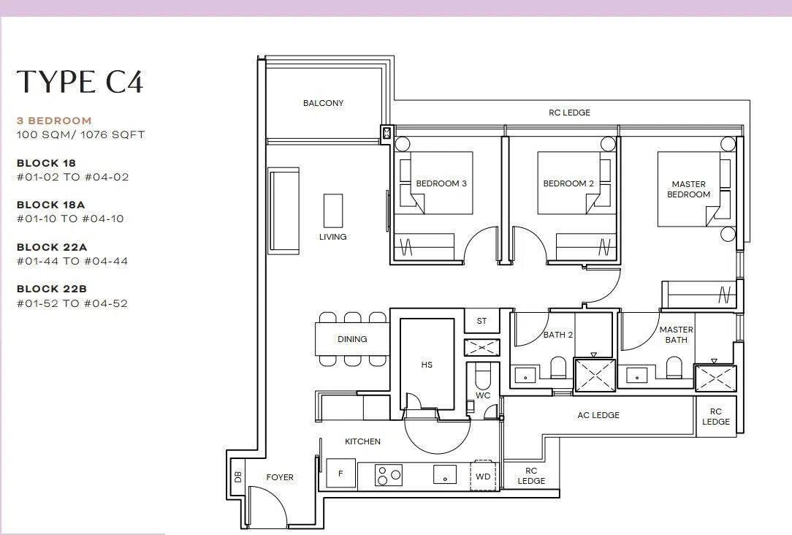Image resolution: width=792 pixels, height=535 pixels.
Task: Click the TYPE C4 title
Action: point(80,82)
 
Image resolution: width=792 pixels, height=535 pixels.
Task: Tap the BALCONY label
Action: point(323,103)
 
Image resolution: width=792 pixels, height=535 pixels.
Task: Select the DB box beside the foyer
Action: point(238,477)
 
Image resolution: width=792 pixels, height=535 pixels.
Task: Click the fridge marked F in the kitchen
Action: point(341,474)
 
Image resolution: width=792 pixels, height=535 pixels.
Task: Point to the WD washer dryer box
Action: point(484,476)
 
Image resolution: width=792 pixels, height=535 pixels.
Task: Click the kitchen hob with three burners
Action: point(389,475)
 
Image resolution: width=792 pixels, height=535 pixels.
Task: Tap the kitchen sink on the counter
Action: point(445,475)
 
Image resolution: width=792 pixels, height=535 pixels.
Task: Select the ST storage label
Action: point(482,321)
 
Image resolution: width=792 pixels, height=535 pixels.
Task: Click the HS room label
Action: point(427,365)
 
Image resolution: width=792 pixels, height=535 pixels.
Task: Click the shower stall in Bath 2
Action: point(595,375)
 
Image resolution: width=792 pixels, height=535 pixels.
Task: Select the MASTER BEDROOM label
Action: point(688,189)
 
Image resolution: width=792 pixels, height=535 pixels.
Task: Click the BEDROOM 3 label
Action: point(441,183)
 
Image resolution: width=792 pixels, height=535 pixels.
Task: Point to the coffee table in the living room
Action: point(333,210)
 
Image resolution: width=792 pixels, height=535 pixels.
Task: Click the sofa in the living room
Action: point(284,211)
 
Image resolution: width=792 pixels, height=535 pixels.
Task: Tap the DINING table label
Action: point(352,339)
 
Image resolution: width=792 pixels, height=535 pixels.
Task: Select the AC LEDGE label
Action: point(598,415)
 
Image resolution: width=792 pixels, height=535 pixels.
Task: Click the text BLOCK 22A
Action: point(52,247)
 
